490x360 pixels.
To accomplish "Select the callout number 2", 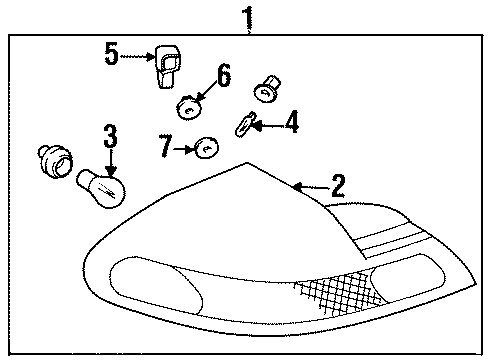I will click(338, 185).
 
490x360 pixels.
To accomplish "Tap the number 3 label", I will click(110, 134).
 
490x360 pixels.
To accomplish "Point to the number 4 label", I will click(290, 123).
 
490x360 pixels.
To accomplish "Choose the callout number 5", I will click(110, 54).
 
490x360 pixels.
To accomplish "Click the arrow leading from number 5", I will click(136, 57).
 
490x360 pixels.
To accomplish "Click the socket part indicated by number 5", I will click(167, 67).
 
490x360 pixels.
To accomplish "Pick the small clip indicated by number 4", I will click(242, 126).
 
